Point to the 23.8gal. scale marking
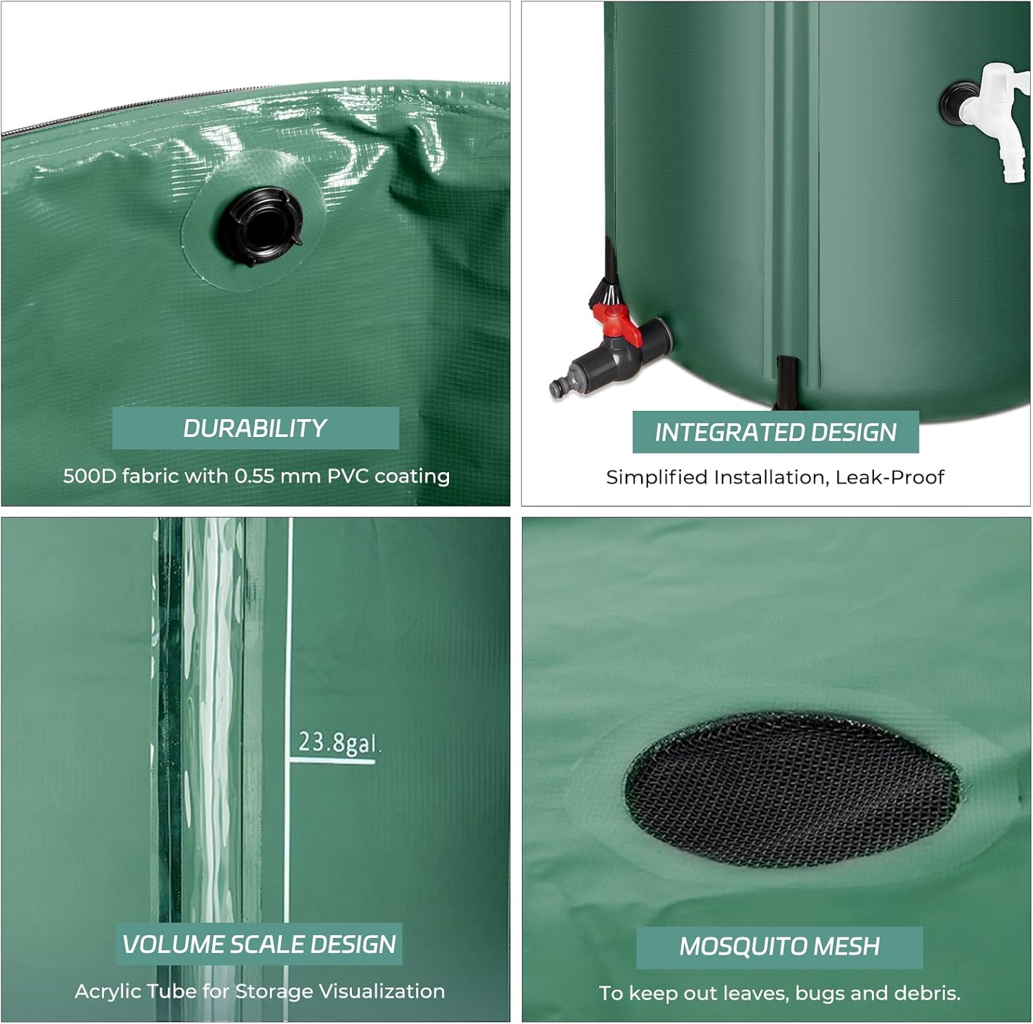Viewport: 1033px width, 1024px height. [x=338, y=744]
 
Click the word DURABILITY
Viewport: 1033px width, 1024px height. [x=255, y=428]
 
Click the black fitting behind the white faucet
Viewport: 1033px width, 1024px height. [x=954, y=102]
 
